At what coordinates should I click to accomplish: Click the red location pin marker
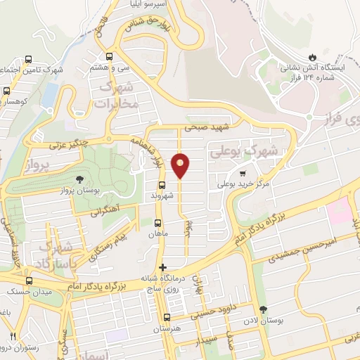pos(181,166)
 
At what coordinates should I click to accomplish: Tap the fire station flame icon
pos(312,56)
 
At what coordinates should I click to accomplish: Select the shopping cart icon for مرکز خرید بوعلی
pos(243,173)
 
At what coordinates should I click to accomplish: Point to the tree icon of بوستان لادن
pos(263,309)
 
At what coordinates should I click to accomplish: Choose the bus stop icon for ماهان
pos(157,223)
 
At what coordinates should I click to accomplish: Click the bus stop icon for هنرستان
pos(167,317)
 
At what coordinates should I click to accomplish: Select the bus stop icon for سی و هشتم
pos(109,57)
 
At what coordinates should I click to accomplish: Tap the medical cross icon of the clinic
pos(163,267)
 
